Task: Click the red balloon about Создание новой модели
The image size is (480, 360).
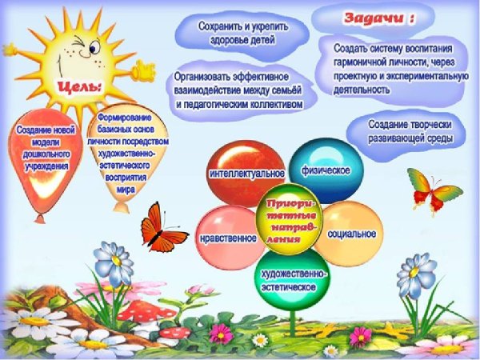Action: (x=47, y=152)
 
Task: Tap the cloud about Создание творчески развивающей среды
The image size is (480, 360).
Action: (x=410, y=131)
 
